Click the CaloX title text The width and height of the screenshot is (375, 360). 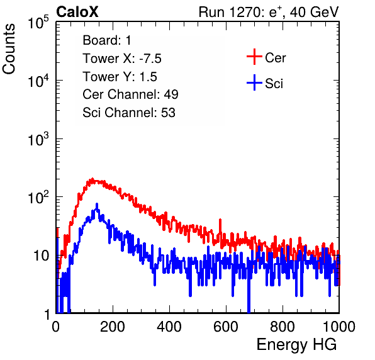tap(77, 12)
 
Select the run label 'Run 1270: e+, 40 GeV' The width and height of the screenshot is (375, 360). tap(269, 12)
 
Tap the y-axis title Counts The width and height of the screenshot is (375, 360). tap(9, 49)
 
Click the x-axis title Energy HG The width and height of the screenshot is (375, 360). tap(296, 345)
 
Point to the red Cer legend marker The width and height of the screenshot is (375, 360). tap(254, 57)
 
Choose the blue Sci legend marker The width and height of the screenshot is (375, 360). tap(254, 83)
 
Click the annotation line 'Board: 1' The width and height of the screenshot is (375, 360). tap(107, 40)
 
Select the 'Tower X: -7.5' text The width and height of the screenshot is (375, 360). tap(122, 59)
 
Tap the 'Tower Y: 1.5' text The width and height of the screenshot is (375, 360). tap(120, 77)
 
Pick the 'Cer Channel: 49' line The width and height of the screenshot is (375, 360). tap(130, 94)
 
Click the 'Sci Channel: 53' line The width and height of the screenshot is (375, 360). tap(129, 113)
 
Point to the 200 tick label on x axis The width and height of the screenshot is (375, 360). tap(113, 327)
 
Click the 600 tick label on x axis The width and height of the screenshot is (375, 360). tap(226, 327)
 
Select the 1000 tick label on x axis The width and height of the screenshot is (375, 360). tap(339, 327)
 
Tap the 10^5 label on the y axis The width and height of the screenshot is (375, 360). tap(38, 23)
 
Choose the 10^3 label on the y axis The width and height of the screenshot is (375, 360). tap(38, 140)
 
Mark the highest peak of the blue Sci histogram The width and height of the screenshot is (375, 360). tap(97, 204)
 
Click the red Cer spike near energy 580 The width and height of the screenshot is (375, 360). tap(220, 220)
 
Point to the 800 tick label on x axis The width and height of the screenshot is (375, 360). tap(283, 327)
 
